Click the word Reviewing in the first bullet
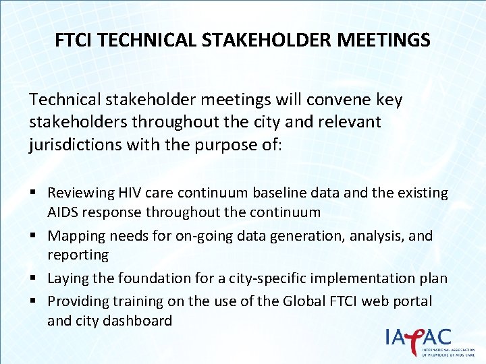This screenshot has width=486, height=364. (80, 193)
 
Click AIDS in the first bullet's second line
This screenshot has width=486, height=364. (62, 212)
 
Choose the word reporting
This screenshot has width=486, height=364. (78, 255)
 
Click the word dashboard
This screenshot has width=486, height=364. (139, 320)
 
